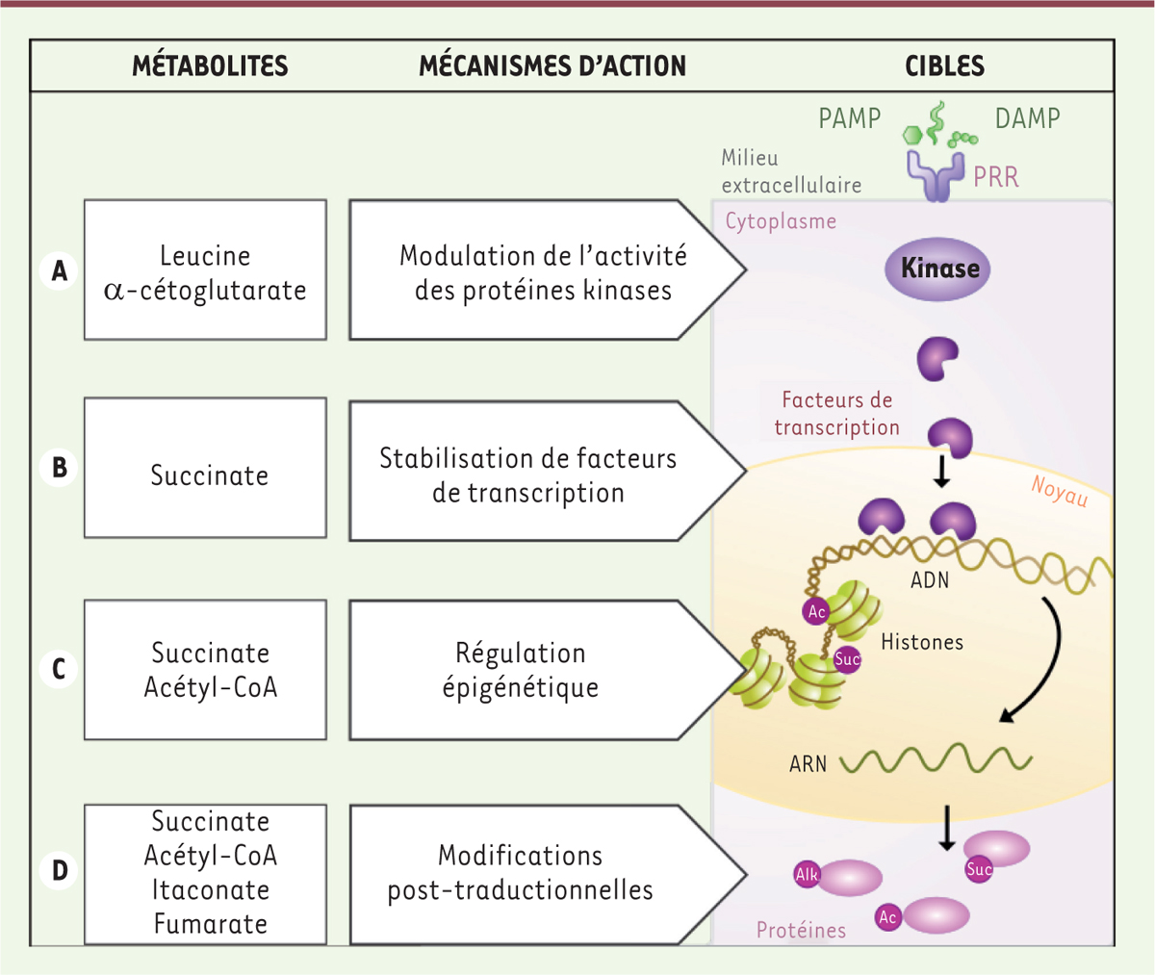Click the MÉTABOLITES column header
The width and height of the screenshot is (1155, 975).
tap(210, 65)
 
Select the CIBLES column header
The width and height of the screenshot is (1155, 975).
tap(944, 65)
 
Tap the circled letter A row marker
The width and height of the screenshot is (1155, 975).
tap(60, 271)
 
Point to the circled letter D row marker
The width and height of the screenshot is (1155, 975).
tap(60, 871)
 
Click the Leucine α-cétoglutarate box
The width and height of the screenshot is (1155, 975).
tap(205, 271)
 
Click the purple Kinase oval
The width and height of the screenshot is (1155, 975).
tap(938, 268)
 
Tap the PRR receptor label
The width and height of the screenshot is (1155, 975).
tap(995, 177)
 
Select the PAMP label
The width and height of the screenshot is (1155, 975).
tap(849, 118)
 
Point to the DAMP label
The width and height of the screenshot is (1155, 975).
tap(1027, 118)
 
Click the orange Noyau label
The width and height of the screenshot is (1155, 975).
tap(1059, 491)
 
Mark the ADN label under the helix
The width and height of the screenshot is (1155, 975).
tap(930, 580)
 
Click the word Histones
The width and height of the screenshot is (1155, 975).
tap(922, 642)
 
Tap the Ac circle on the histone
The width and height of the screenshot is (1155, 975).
tap(816, 611)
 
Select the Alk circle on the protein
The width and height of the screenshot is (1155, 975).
tap(807, 874)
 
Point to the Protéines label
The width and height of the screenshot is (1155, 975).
tap(801, 930)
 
